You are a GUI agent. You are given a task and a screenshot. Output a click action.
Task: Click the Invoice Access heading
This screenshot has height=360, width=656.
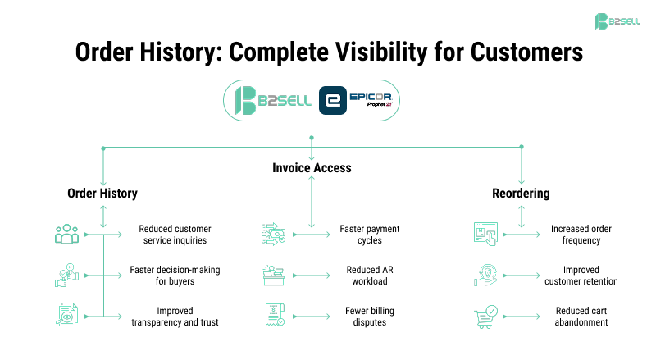coord(312,167)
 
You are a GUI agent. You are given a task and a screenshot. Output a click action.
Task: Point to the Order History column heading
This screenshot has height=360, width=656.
coord(102,194)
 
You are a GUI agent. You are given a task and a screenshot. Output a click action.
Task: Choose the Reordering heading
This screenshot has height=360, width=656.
coord(522,194)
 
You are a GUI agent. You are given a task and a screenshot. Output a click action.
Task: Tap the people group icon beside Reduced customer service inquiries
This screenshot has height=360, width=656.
coord(66,235)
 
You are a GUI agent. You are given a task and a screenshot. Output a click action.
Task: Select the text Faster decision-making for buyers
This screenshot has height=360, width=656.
coord(175,276)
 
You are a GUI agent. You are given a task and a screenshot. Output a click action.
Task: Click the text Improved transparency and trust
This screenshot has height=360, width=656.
coord(175,317)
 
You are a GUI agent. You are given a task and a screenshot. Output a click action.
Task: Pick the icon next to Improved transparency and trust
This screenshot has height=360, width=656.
coord(66,316)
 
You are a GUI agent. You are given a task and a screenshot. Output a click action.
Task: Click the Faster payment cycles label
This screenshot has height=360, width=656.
coord(370,235)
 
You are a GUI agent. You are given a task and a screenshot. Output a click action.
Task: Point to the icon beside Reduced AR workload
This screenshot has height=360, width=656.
coord(273,275)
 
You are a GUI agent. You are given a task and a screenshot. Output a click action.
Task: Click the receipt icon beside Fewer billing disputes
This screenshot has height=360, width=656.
coord(273,316)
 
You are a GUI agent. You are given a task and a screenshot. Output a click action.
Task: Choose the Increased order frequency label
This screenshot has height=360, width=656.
coord(581,235)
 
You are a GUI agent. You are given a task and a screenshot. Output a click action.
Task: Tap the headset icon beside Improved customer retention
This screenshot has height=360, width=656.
coord(485,276)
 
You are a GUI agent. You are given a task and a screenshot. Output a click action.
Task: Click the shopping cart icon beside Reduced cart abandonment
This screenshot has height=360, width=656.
coord(485,316)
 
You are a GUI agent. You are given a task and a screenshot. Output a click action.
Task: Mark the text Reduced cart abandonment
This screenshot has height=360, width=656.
coord(581,317)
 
